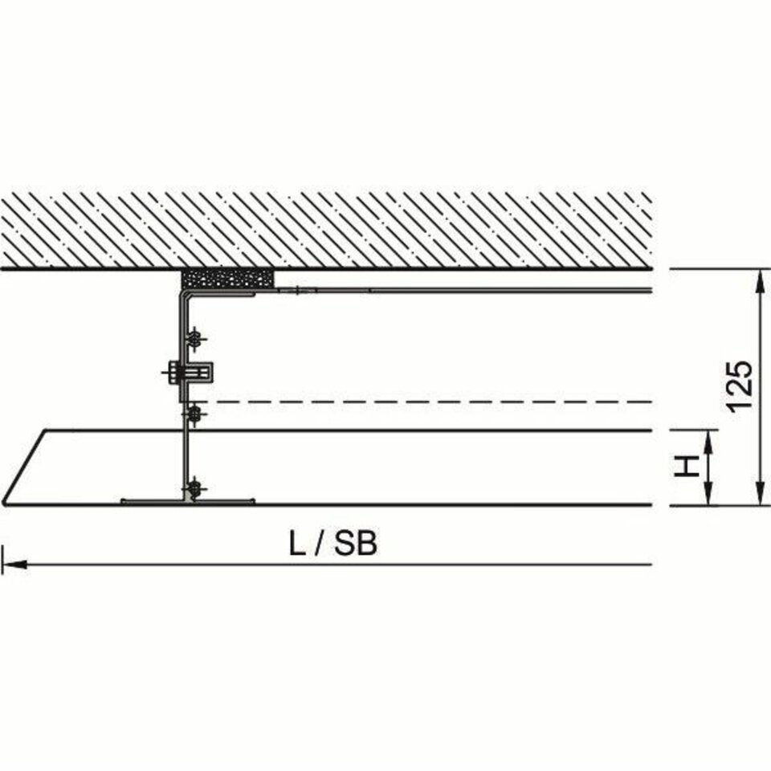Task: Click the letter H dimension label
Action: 687,466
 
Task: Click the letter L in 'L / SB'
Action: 297,545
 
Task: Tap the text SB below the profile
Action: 356,545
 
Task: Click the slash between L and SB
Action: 319,545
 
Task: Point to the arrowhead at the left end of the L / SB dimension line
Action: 14,565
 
